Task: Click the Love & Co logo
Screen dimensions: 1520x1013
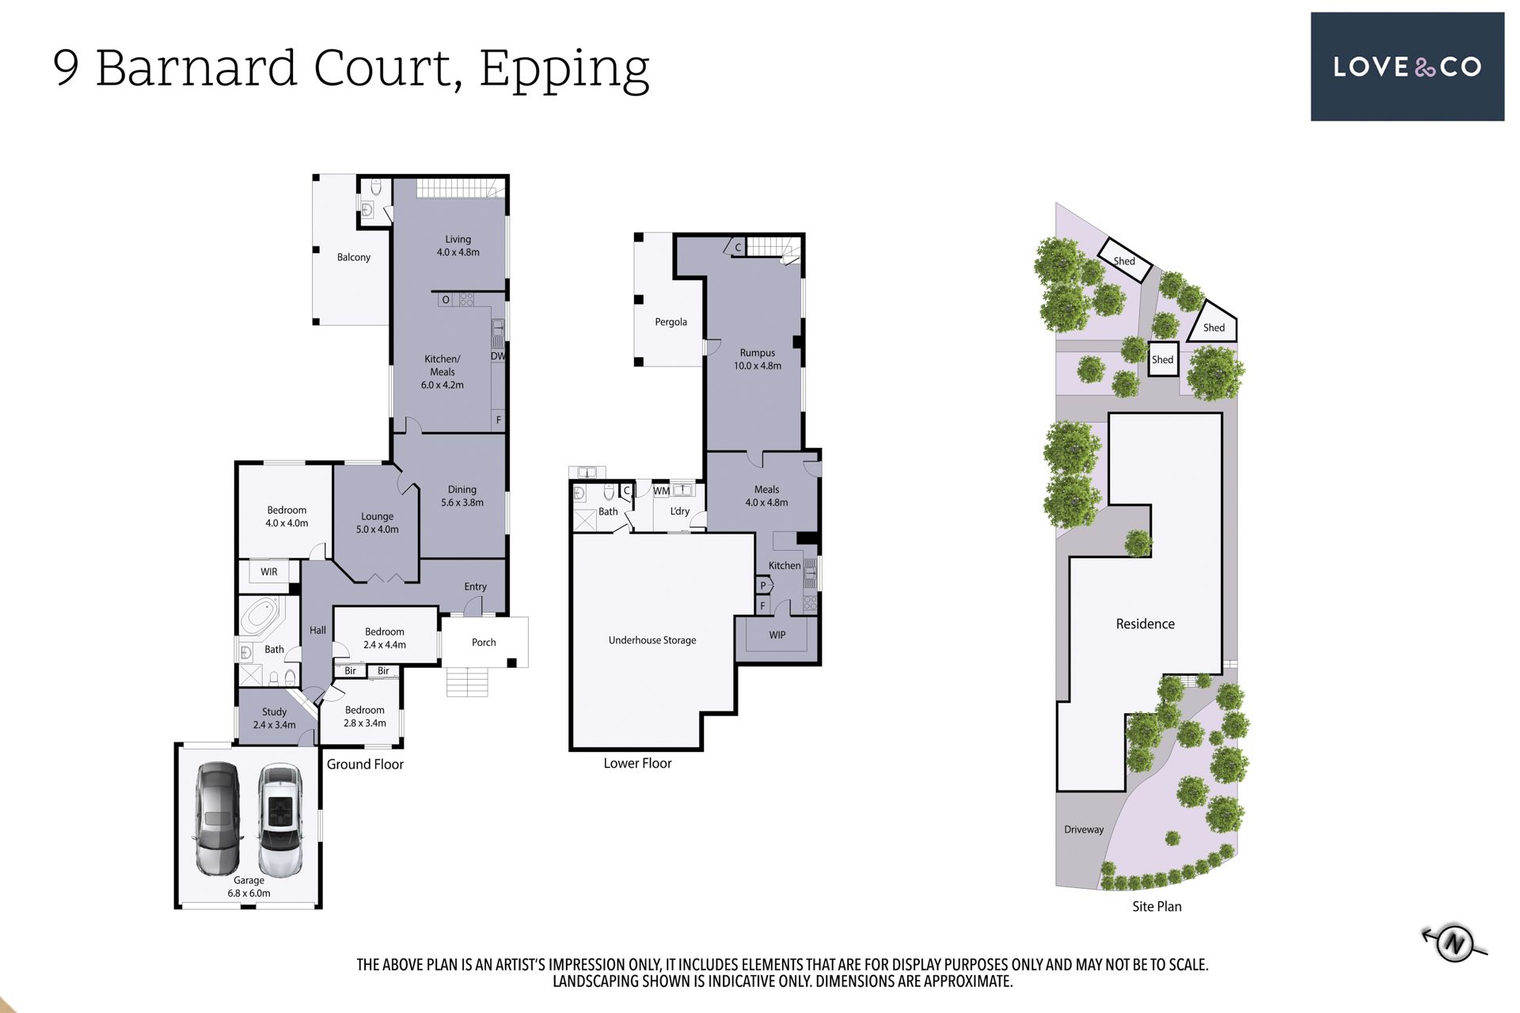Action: coord(1407,66)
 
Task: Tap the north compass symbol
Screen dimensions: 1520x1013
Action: coord(1454,943)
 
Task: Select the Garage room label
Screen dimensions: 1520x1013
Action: coord(249,886)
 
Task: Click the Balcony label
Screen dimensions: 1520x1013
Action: coord(354,257)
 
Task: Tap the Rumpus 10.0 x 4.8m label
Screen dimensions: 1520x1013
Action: coord(758,359)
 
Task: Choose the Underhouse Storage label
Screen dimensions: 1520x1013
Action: coord(652,640)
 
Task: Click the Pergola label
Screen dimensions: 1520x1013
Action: coord(671,322)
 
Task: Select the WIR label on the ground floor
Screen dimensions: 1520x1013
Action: coord(269,571)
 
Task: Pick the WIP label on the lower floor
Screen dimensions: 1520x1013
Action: coord(777,635)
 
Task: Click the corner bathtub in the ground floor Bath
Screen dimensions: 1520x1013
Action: coord(262,617)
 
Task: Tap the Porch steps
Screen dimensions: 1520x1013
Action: coord(467,681)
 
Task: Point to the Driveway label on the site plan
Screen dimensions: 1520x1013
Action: coord(1084,829)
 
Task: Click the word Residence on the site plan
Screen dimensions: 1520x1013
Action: coord(1146,624)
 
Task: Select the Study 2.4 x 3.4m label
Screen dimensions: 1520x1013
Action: coord(275,719)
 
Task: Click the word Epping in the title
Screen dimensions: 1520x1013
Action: coord(564,70)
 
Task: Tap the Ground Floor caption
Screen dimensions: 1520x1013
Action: coord(365,764)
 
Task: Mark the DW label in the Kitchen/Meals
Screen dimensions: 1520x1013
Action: coord(498,356)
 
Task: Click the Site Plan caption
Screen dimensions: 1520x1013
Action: coord(1157,906)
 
